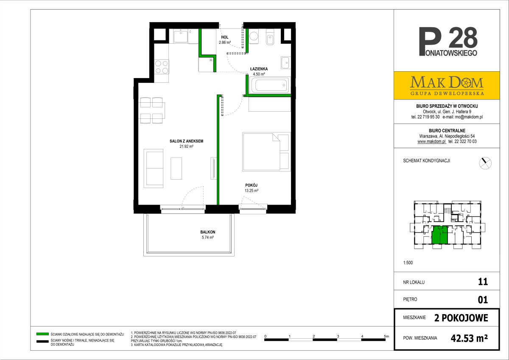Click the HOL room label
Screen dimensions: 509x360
coord(225,37)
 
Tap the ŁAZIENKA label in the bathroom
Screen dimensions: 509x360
coord(259,69)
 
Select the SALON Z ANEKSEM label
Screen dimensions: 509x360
coord(186,141)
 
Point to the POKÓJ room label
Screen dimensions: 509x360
coord(251,185)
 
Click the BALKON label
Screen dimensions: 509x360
coord(208,232)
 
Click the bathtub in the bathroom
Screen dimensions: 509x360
coord(269,85)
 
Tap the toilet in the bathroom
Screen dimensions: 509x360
coord(270,37)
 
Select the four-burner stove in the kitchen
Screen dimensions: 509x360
coord(162,67)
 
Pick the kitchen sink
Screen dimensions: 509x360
coord(180,36)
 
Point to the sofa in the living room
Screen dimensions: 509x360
coord(154,168)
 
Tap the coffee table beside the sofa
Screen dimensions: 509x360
coord(176,168)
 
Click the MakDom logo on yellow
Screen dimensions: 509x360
coord(447,85)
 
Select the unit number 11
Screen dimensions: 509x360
coord(483,282)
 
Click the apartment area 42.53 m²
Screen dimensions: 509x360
coord(469,338)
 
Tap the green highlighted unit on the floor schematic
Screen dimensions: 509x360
coord(439,235)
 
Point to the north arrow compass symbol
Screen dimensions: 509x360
coord(485,163)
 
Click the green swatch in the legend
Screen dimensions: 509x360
coord(42,334)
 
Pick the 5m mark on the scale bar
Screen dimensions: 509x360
coord(386,336)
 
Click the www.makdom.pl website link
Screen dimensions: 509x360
coord(432,141)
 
